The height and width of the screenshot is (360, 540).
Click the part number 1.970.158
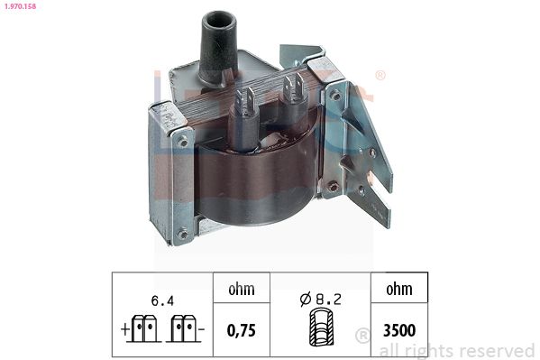coord(20,8)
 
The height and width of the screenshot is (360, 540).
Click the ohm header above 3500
coord(398,290)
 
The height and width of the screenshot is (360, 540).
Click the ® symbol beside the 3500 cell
coord(362,336)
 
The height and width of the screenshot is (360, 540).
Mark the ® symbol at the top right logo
coord(380,76)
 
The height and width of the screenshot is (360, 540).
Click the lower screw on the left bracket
coord(184,234)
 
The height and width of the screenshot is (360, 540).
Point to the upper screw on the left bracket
coord(185,140)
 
